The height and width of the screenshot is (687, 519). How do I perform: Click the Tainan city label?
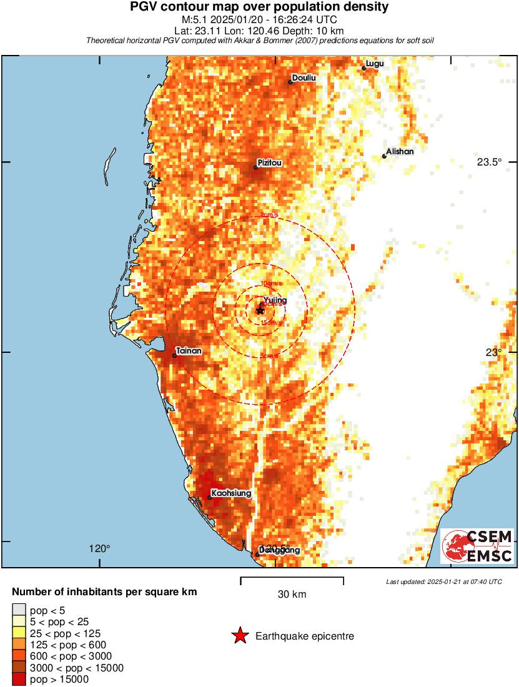pyautogui.click(x=189, y=351)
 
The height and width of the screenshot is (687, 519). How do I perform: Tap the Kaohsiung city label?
pyautogui.click(x=231, y=493)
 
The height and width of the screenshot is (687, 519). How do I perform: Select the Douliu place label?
pyautogui.click(x=304, y=77)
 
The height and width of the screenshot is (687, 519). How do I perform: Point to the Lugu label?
pyautogui.click(x=375, y=64)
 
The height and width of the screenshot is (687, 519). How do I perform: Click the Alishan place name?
pyautogui.click(x=400, y=152)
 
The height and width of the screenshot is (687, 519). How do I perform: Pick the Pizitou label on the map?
pyautogui.click(x=270, y=163)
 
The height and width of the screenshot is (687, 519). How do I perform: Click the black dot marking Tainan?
pyautogui.click(x=174, y=355)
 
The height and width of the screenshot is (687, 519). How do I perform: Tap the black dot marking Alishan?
pyautogui.click(x=384, y=156)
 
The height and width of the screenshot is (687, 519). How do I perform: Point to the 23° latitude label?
pyautogui.click(x=495, y=352)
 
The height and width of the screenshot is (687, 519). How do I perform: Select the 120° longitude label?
pyautogui.click(x=99, y=549)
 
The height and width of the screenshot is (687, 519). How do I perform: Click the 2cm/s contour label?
pyautogui.click(x=269, y=215)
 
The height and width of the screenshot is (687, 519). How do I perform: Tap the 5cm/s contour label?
pyautogui.click(x=270, y=357)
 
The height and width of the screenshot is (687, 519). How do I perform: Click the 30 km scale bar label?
pyautogui.click(x=292, y=595)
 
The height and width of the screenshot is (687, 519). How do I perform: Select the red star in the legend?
pyautogui.click(x=239, y=636)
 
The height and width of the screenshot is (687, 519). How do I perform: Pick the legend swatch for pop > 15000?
pyautogui.click(x=19, y=680)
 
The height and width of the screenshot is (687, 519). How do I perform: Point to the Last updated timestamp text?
pyautogui.click(x=443, y=582)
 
